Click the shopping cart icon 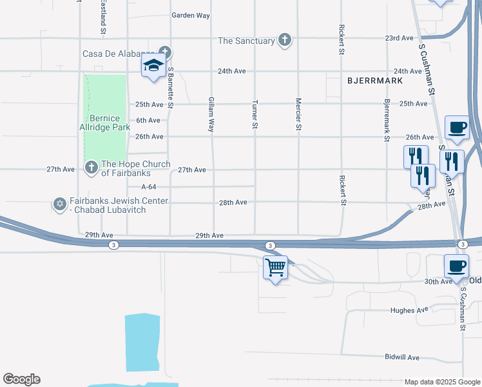[x=276, y=267]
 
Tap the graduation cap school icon [x=153, y=66]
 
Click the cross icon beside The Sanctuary [x=284, y=41]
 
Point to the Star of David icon [x=60, y=204]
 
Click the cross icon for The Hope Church [x=91, y=168]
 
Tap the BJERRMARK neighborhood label [x=374, y=81]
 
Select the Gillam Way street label [x=211, y=115]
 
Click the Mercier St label [x=298, y=114]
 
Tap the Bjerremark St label [x=387, y=121]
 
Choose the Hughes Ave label [x=409, y=310]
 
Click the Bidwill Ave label [x=402, y=357]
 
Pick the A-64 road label [x=149, y=186]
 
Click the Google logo [x=21, y=379]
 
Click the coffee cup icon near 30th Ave [x=456, y=266]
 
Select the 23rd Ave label [x=399, y=38]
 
